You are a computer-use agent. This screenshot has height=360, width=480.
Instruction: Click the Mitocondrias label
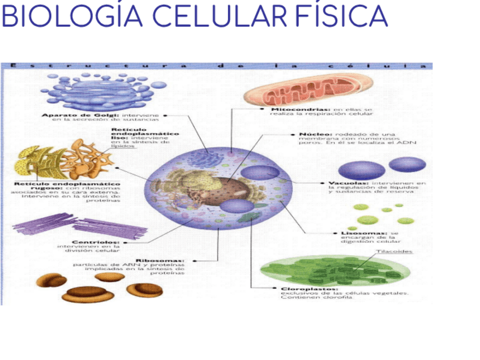pyautogui.click(x=301, y=109)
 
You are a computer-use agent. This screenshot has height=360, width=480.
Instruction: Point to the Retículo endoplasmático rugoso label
pyautogui.click(x=67, y=185)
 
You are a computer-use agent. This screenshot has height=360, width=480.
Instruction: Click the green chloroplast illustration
pyautogui.click(x=334, y=271)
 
